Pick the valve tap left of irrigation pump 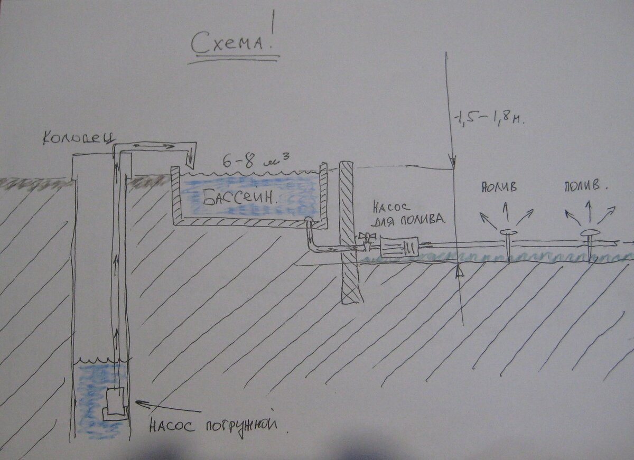tap(364, 240)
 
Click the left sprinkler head tap(508, 232)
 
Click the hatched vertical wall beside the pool tap(349, 232)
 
